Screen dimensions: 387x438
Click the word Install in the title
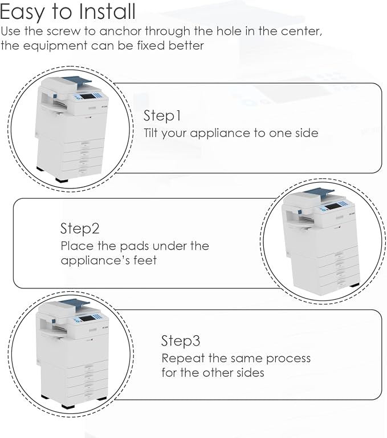pyautogui.click(x=107, y=11)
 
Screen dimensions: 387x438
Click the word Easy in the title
pyautogui.click(x=22, y=13)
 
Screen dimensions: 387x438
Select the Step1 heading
pyautogui.click(x=162, y=116)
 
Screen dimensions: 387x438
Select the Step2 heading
pyautogui.click(x=80, y=228)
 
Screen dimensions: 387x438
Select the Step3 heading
pyautogui.click(x=181, y=341)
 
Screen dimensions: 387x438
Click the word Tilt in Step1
pyautogui.click(x=151, y=133)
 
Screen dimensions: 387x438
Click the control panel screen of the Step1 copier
pyautogui.click(x=87, y=97)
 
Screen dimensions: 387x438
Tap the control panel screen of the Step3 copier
pyautogui.click(x=85, y=319)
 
